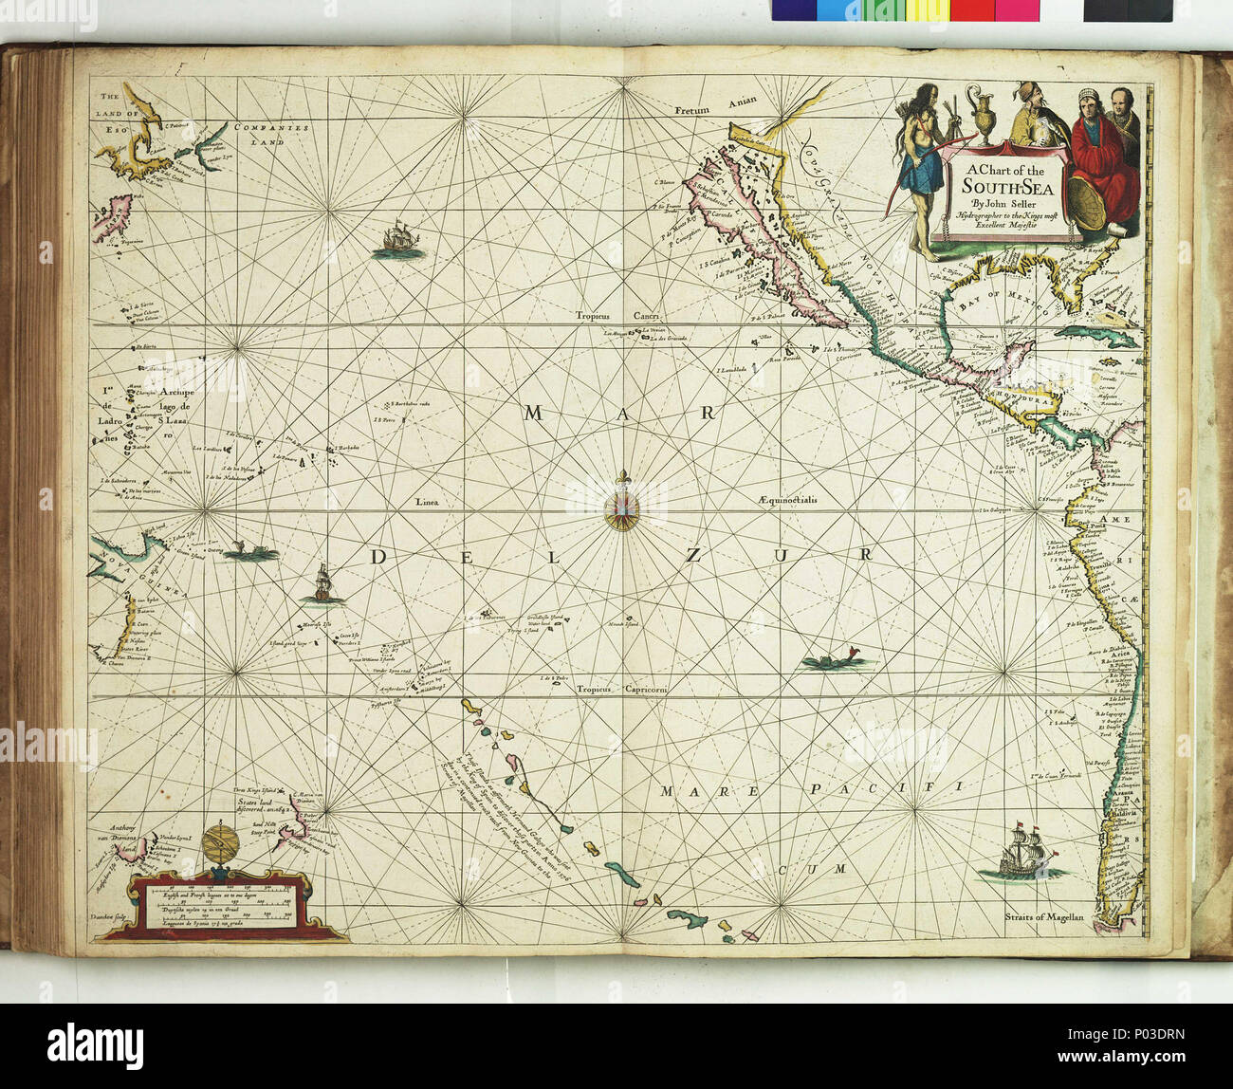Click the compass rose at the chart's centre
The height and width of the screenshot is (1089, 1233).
click(x=622, y=510)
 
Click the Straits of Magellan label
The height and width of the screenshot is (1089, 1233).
click(x=1044, y=916)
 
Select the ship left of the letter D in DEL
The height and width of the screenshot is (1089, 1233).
click(x=322, y=584)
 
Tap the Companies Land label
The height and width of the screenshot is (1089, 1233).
click(x=267, y=134)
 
